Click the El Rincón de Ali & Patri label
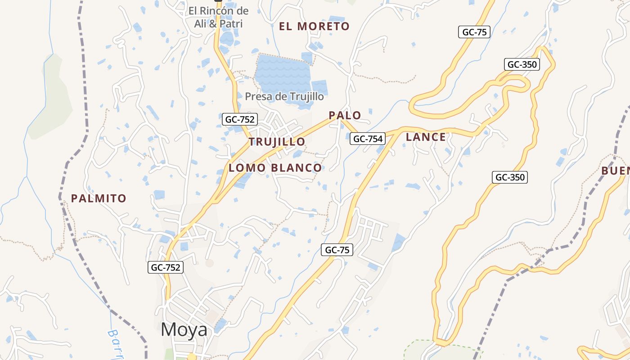click(218, 17)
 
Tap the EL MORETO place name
click(314, 27)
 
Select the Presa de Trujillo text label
click(284, 96)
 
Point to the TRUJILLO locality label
click(277, 142)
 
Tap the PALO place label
click(345, 115)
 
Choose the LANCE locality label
click(426, 137)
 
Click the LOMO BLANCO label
click(275, 168)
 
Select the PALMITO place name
click(99, 198)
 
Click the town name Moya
click(184, 330)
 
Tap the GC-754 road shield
click(368, 139)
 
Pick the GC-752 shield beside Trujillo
click(240, 119)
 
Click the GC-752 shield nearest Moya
click(165, 267)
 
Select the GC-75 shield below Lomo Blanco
click(337, 250)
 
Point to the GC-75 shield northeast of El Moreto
click(474, 32)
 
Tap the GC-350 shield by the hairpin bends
click(522, 64)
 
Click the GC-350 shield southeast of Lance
click(510, 177)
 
